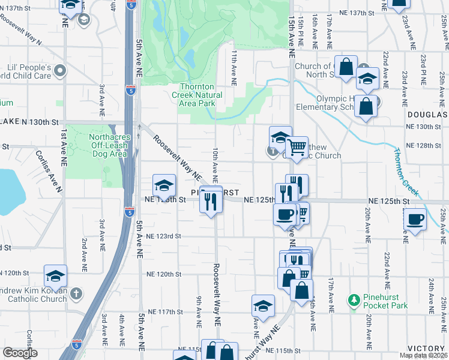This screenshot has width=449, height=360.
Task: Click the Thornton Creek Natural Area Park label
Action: [197, 95]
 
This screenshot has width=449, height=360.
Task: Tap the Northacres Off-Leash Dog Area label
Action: [108, 145]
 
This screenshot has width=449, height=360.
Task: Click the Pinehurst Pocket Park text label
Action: [385, 301]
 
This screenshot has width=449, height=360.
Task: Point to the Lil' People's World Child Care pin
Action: [59, 72]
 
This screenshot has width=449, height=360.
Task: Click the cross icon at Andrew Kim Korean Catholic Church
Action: [75, 293]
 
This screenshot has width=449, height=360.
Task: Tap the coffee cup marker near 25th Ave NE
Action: [415, 219]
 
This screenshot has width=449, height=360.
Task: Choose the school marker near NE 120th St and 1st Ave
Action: [55, 276]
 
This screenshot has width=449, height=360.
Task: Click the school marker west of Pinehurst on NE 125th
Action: [164, 185]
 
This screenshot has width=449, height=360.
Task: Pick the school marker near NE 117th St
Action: [263, 306]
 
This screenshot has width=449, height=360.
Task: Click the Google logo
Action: [20, 352]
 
